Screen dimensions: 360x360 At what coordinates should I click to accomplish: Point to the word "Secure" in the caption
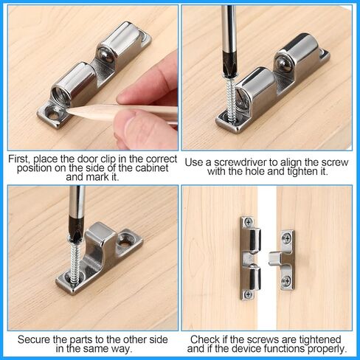(34, 339)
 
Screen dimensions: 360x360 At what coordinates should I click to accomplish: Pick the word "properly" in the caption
(325, 348)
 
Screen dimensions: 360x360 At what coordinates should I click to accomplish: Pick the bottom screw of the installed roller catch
(248, 293)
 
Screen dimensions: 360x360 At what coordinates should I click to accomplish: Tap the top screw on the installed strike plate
(286, 238)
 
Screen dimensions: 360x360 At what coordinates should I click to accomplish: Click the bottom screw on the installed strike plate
(286, 280)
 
